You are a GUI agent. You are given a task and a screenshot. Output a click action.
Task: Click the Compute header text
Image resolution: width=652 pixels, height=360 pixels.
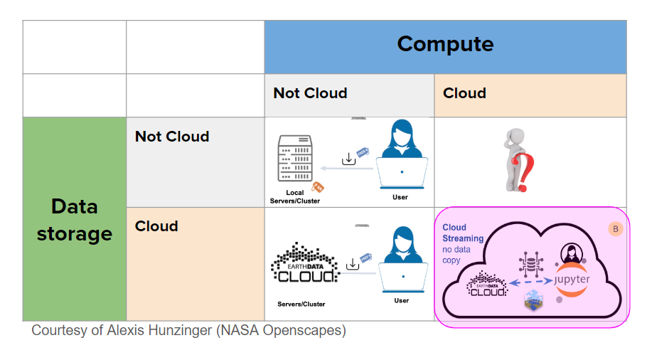point(445,44)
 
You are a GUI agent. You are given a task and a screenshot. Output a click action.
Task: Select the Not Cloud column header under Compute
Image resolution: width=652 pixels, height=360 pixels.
point(310,93)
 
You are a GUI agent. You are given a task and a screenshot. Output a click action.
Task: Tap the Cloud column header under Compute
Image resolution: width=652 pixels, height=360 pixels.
point(464,93)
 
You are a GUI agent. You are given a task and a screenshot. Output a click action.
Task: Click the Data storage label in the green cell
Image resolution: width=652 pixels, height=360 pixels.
point(74,220)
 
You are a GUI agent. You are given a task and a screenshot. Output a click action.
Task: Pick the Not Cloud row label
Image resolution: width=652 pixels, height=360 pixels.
point(172,137)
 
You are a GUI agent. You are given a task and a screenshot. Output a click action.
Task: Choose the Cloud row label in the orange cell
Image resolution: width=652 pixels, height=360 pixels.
point(156,226)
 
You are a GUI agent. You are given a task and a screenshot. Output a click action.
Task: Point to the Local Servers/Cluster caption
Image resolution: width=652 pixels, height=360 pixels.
point(294,197)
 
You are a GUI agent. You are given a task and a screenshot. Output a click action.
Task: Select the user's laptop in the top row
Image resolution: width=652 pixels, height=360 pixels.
point(402,172)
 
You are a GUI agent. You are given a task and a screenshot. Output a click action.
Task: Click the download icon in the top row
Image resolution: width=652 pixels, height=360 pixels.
point(348,159)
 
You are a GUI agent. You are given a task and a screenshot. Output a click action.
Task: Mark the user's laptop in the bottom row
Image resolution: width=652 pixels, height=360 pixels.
point(402,277)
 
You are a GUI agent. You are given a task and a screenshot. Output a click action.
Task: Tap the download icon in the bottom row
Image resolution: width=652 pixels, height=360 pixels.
point(352,265)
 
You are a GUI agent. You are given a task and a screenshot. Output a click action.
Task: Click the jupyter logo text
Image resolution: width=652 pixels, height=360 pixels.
point(572,279)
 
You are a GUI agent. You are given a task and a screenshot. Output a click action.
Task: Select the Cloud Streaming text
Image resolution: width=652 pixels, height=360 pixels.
point(463,233)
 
